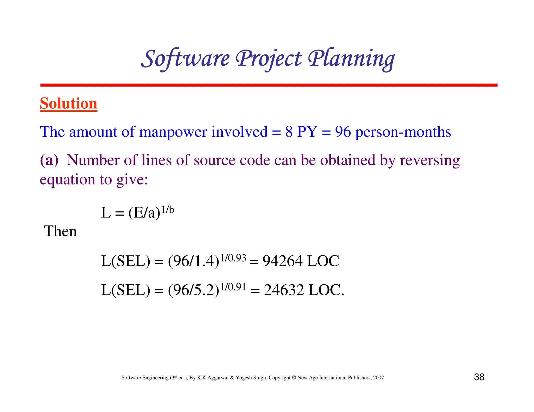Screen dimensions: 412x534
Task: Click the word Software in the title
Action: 186,59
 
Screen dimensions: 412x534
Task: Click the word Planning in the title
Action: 351,59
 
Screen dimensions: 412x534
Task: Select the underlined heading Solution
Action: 69,103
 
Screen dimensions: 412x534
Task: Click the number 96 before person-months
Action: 343,132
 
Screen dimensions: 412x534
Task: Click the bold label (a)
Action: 49,160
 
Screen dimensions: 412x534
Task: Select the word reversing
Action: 430,160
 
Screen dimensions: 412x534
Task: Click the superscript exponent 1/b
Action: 167,209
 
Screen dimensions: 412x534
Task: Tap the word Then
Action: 60,231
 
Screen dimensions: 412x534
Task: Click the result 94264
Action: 282,261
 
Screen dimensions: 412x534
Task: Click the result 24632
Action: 284,290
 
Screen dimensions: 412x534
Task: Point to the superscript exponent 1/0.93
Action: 233,258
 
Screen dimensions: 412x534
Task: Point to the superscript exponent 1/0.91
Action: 233,287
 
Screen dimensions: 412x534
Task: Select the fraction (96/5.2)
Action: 193,290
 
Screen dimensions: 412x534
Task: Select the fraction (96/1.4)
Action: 193,261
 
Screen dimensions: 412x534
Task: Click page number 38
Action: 479,377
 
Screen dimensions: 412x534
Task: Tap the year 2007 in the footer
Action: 378,378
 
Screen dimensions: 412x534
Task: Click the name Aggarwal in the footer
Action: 218,378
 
